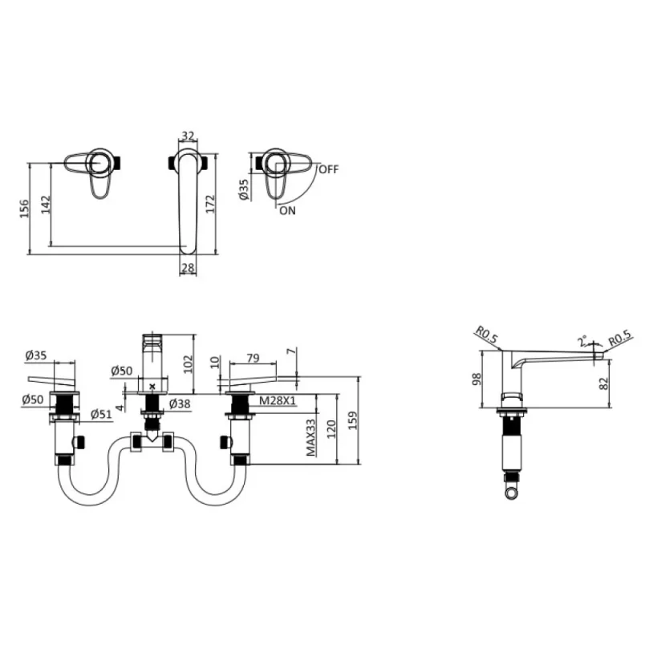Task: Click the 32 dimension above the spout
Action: click(189, 136)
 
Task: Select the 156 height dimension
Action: click(24, 208)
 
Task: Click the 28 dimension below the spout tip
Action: click(188, 267)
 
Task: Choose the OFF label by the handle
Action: click(328, 169)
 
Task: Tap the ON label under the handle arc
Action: click(287, 210)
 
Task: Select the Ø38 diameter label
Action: click(179, 404)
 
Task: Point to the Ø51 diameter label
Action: click(100, 414)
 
